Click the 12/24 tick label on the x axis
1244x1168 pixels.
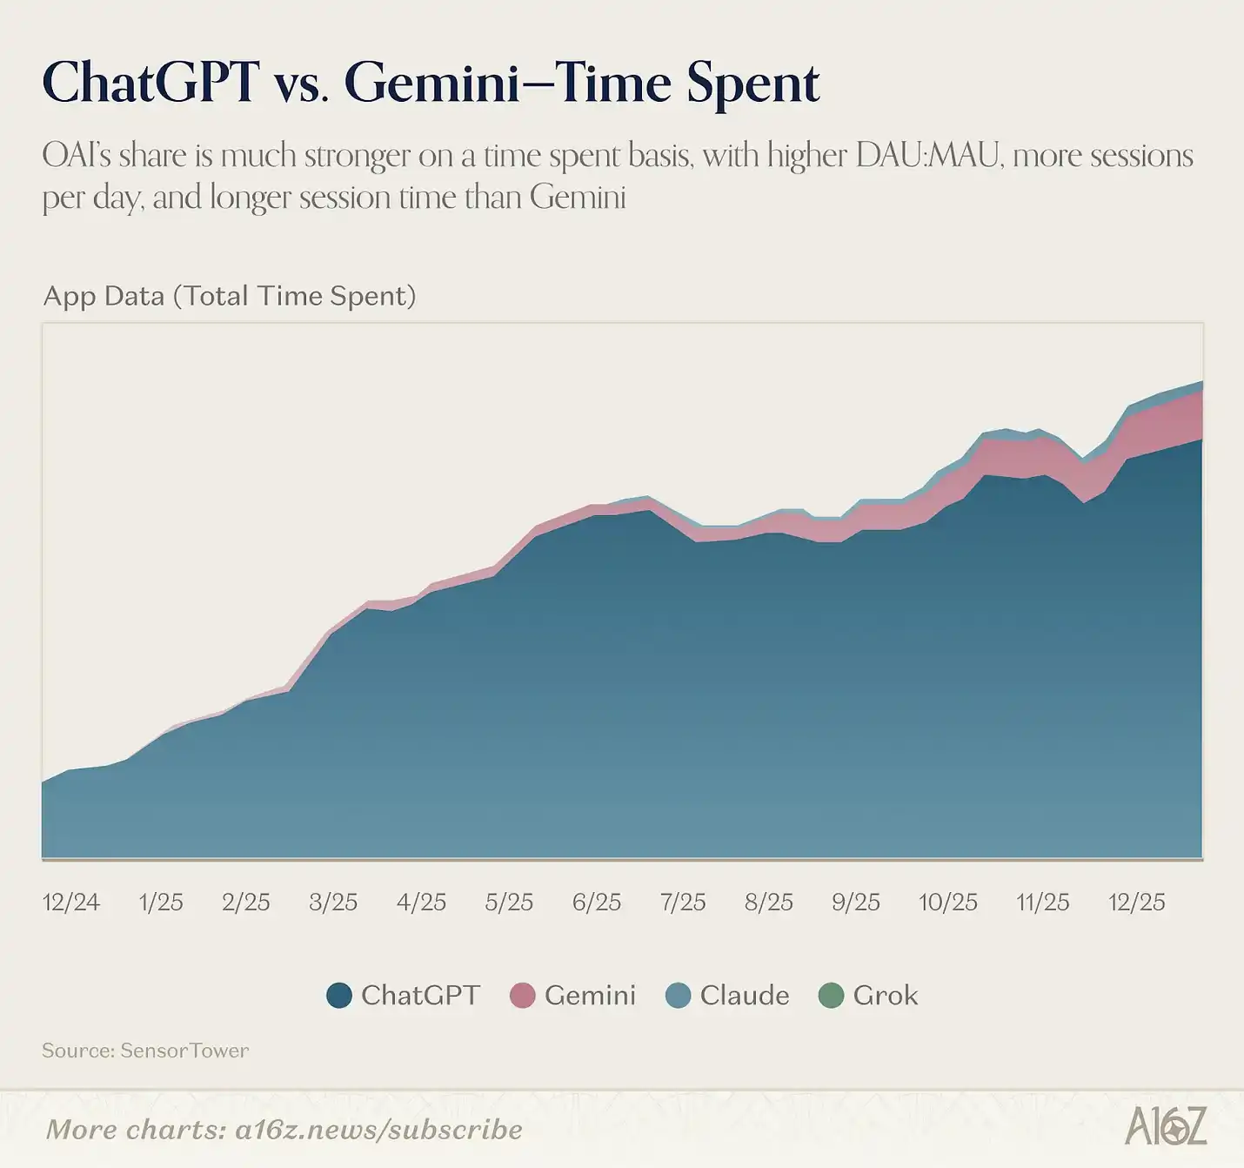pyautogui.click(x=71, y=902)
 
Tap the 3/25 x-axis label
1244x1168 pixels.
pyautogui.click(x=333, y=902)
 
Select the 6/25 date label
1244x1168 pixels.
pyautogui.click(x=597, y=902)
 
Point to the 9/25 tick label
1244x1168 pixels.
pyautogui.click(x=856, y=902)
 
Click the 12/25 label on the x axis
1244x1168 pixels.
pyautogui.click(x=1136, y=902)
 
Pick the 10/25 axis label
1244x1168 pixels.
pyautogui.click(x=948, y=902)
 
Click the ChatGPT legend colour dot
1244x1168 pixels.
pyautogui.click(x=339, y=996)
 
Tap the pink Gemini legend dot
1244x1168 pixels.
pyautogui.click(x=522, y=996)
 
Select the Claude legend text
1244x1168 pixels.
pyautogui.click(x=745, y=996)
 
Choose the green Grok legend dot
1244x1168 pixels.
pyautogui.click(x=832, y=996)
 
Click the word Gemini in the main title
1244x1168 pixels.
pyautogui.click(x=431, y=84)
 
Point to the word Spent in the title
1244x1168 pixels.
pyautogui.click(x=753, y=84)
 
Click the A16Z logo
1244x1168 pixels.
pyautogui.click(x=1166, y=1127)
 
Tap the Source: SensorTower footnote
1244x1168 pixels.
pyautogui.click(x=145, y=1051)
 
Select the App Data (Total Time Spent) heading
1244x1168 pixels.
pyautogui.click(x=230, y=296)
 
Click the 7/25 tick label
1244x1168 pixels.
pyautogui.click(x=683, y=902)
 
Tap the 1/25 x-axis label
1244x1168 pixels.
pyautogui.click(x=161, y=902)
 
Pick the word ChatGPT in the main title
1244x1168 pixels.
pyautogui.click(x=150, y=84)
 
